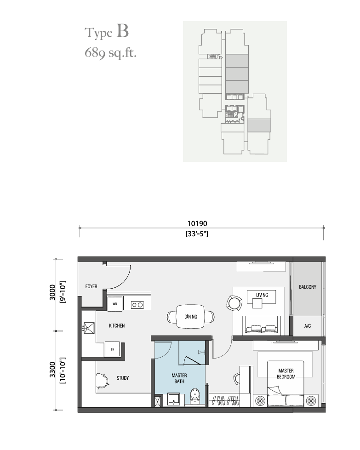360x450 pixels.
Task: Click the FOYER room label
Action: coord(91,286)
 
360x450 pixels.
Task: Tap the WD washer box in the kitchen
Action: coord(115,304)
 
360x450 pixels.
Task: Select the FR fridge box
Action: coord(112,349)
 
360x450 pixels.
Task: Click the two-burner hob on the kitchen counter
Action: coord(137,305)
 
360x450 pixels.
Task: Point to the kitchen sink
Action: coord(89,328)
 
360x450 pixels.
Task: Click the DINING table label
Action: coord(191,317)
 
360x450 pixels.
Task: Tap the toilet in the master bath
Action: coord(195,396)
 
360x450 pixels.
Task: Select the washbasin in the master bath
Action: coord(174,399)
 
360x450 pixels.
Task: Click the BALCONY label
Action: coord(308,287)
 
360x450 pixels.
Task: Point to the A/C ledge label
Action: coord(308,326)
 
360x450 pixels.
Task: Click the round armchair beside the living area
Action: coord(234,303)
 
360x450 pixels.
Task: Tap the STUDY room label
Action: coord(123,378)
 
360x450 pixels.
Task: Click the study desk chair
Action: coord(103,381)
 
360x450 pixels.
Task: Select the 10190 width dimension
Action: coord(197,223)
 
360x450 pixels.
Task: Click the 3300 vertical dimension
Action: coord(52,370)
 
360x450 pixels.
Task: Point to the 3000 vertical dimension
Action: coord(52,292)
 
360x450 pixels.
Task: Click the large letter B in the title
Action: coord(123,31)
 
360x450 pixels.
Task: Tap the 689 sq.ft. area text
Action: coord(110,53)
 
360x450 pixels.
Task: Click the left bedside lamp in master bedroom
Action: coord(260,401)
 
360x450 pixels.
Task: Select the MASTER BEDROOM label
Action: coord(286,374)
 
